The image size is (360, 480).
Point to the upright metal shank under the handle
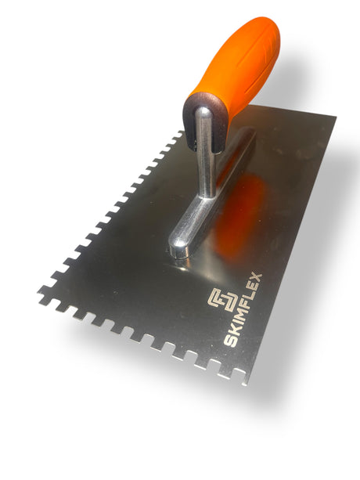click(206, 153)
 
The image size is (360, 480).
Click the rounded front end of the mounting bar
click(179, 250)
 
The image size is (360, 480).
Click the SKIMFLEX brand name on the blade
click(243, 310)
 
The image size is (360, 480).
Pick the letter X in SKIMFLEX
click(257, 278)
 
